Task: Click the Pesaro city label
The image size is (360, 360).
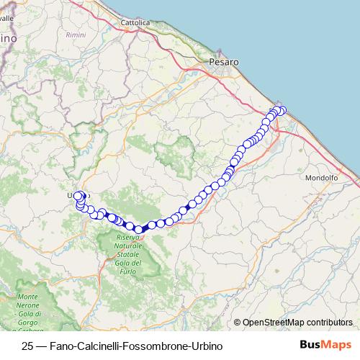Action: pyautogui.click(x=222, y=63)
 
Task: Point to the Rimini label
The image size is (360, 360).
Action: pyautogui.click(x=96, y=35)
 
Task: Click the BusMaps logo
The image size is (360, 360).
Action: pyautogui.click(x=324, y=346)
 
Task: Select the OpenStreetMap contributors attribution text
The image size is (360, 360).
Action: pyautogui.click(x=297, y=323)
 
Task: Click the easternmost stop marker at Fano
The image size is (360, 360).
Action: pyautogui.click(x=282, y=110)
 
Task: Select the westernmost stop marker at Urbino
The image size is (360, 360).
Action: pyautogui.click(x=77, y=195)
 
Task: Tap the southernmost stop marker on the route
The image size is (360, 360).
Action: pyautogui.click(x=138, y=229)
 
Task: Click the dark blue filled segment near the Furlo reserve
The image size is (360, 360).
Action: pyautogui.click(x=146, y=227)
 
